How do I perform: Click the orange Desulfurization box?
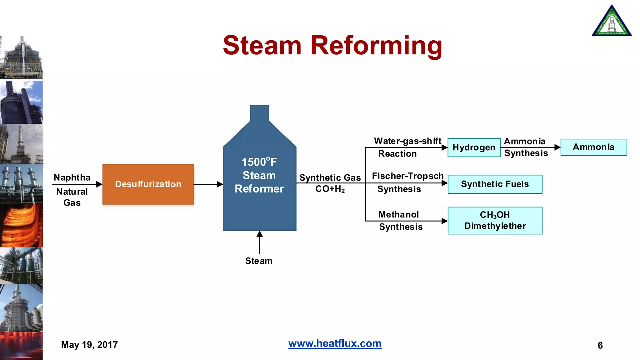[148, 184]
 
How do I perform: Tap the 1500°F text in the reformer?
[259, 162]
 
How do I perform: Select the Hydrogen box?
[474, 147]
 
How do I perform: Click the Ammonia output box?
[593, 147]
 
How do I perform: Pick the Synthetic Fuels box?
[495, 184]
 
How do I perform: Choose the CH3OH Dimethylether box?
[495, 220]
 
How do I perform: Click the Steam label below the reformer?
[259, 261]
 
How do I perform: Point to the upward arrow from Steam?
[259, 242]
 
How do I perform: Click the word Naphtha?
[72, 177]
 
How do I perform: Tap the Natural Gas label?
[72, 197]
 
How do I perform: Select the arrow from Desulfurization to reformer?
[208, 184]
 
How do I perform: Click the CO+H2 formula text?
[330, 189]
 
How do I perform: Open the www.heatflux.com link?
[335, 343]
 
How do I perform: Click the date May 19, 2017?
[89, 345]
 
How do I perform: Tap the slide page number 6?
[600, 345]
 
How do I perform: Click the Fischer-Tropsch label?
[407, 176]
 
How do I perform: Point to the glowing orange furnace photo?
[21, 226]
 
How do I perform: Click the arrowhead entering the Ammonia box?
[557, 147]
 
